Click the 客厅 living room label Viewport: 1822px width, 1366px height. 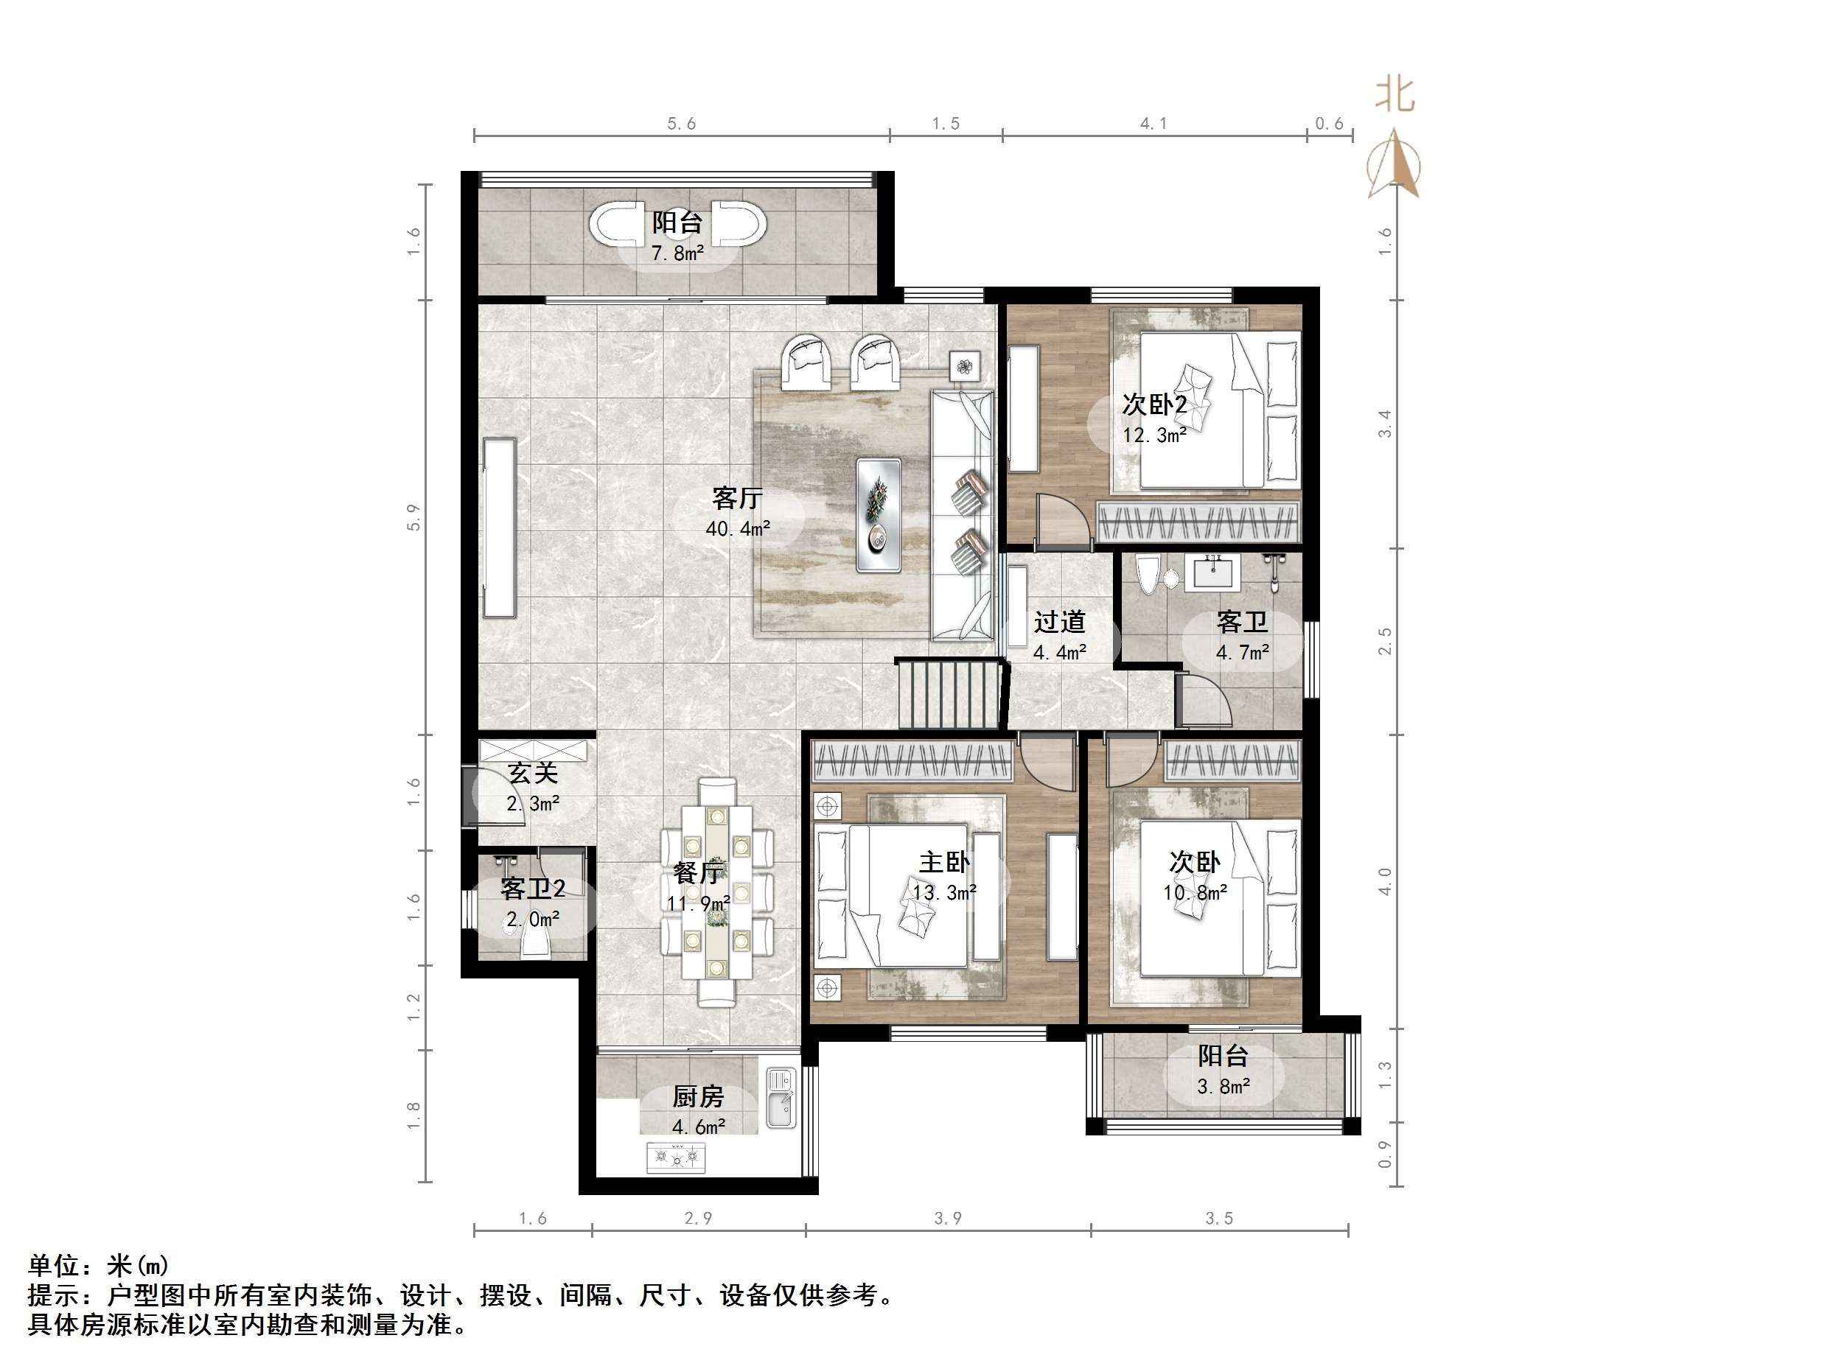coord(736,498)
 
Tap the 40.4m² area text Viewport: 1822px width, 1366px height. coord(737,528)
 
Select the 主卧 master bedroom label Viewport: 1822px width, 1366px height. coord(944,862)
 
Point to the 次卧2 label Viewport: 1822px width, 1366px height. coord(1154,404)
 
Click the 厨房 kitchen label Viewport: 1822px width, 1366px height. coord(698,1097)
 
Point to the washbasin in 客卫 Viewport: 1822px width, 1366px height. coord(1212,570)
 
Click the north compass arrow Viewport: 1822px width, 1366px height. coord(1394,165)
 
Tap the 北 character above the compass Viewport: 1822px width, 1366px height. coord(1395,96)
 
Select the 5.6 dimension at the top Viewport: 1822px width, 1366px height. coord(681,124)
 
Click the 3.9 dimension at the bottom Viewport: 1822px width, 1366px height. coord(947,1218)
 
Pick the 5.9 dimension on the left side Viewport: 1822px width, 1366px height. coord(413,517)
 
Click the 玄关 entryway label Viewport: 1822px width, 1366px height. coord(533,772)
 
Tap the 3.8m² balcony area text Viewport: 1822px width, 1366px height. coord(1224,1087)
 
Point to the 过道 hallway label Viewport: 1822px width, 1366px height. coord(1059,622)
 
